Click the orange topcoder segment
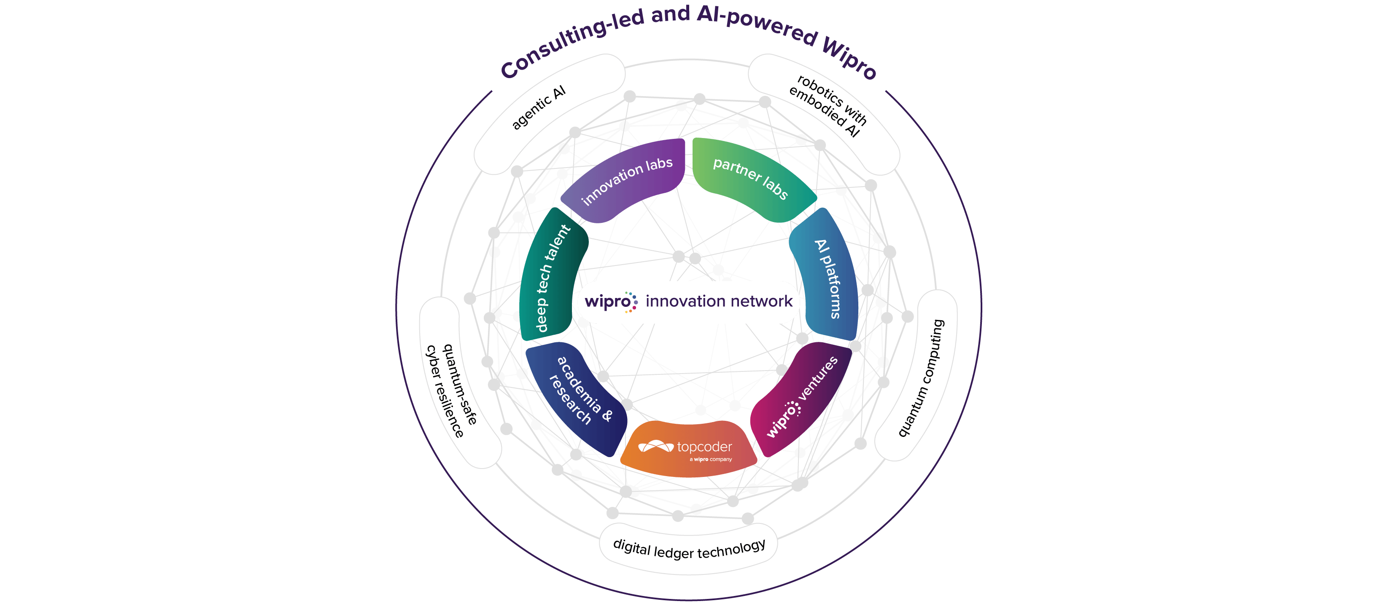pos(689,449)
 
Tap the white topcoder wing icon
pos(655,447)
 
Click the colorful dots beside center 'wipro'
pos(632,302)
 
